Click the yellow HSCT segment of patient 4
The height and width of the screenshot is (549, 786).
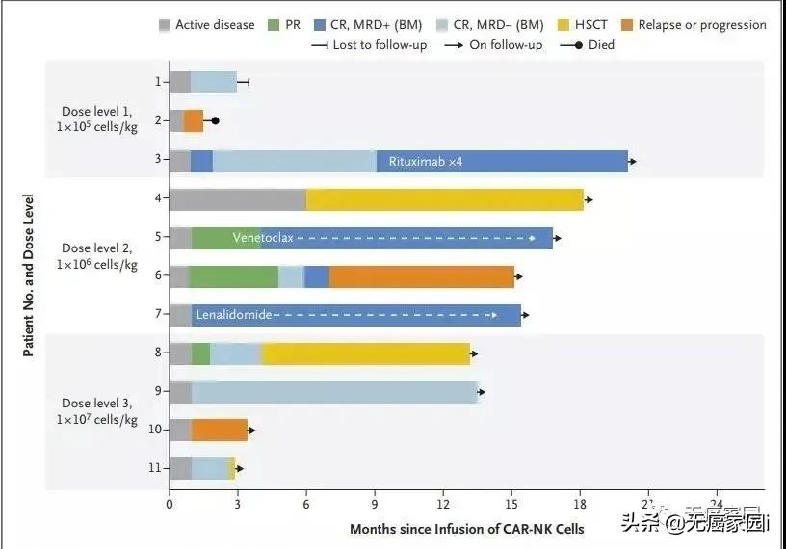pyautogui.click(x=444, y=199)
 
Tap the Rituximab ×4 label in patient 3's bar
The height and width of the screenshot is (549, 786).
pyautogui.click(x=426, y=161)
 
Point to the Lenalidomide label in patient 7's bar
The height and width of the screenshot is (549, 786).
pyautogui.click(x=234, y=314)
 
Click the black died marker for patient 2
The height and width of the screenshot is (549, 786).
pyautogui.click(x=215, y=121)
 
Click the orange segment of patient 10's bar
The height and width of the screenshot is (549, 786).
pyautogui.click(x=219, y=430)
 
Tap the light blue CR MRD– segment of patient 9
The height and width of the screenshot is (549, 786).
pyautogui.click(x=334, y=392)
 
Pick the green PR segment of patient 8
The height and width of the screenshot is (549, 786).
pyautogui.click(x=200, y=353)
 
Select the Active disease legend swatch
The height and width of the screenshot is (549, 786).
pyautogui.click(x=165, y=25)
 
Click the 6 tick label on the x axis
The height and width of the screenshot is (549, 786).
pyautogui.click(x=306, y=504)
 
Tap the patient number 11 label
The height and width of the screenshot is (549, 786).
pyautogui.click(x=154, y=468)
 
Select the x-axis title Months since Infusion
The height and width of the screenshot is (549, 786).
pyautogui.click(x=466, y=529)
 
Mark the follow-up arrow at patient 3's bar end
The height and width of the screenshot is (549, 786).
pyautogui.click(x=632, y=161)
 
